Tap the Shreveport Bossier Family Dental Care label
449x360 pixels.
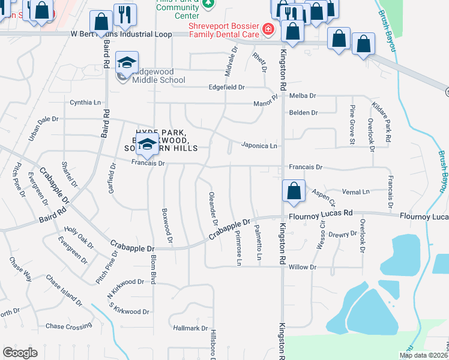tap(224, 30)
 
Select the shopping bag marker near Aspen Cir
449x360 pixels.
tap(294, 191)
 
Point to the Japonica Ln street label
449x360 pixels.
tap(259, 146)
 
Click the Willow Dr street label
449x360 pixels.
tap(302, 267)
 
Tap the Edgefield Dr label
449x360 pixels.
tap(227, 88)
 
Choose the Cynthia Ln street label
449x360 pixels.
tap(85, 103)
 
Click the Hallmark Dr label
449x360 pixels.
tap(190, 328)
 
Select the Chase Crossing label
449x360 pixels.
tap(69, 326)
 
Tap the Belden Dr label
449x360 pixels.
tap(304, 112)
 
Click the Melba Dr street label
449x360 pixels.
tap(303, 95)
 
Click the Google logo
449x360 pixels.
tap(20, 353)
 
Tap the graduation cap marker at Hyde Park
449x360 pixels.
tap(146, 144)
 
